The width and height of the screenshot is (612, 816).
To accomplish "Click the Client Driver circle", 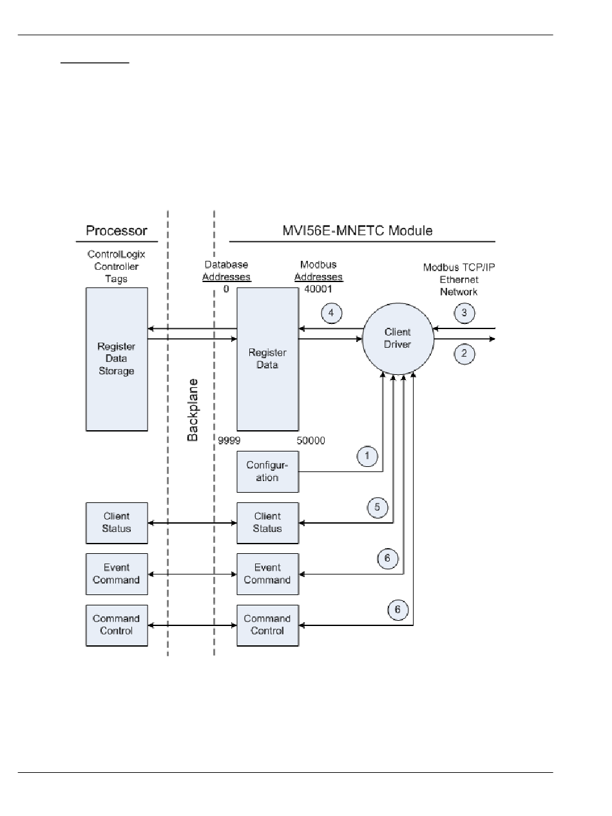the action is (398, 338).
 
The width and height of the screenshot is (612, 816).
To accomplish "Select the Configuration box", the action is (268, 471).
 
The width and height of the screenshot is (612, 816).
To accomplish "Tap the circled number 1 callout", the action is (367, 456).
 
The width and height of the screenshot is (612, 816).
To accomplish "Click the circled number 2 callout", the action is (464, 353).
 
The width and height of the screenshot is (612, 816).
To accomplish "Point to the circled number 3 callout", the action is (464, 312).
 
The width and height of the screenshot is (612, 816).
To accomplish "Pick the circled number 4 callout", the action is (331, 313).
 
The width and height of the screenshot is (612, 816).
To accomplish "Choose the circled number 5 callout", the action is (378, 507).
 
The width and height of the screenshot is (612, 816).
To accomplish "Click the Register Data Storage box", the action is (117, 359).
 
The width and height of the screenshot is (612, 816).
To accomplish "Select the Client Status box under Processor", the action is (117, 523).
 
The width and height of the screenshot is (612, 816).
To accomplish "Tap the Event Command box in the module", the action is (268, 574).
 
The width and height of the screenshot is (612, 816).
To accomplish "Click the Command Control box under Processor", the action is (117, 625).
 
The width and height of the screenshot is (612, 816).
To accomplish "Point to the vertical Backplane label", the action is (192, 410).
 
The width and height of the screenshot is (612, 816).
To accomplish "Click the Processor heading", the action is (117, 231).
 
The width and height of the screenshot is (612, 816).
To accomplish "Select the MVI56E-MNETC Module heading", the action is (358, 231).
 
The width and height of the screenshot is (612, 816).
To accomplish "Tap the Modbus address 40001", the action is (318, 289).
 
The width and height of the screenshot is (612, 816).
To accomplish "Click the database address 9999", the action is (229, 441).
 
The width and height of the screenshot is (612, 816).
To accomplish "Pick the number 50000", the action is (311, 441).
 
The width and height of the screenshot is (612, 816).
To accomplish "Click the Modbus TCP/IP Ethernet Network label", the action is (459, 280).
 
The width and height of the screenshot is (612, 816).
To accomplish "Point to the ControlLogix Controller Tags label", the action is (117, 267).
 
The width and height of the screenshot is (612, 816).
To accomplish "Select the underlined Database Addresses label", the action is (226, 270).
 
